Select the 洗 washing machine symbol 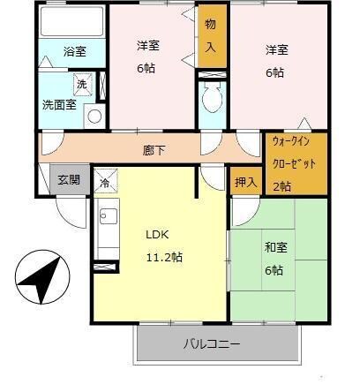[82, 84]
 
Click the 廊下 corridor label [154, 149]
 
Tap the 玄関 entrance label [69, 179]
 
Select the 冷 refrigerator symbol [104, 183]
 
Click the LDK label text [157, 235]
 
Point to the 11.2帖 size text [164, 257]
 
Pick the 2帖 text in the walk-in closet [281, 185]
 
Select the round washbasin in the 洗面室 [95, 114]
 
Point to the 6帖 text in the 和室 [274, 271]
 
